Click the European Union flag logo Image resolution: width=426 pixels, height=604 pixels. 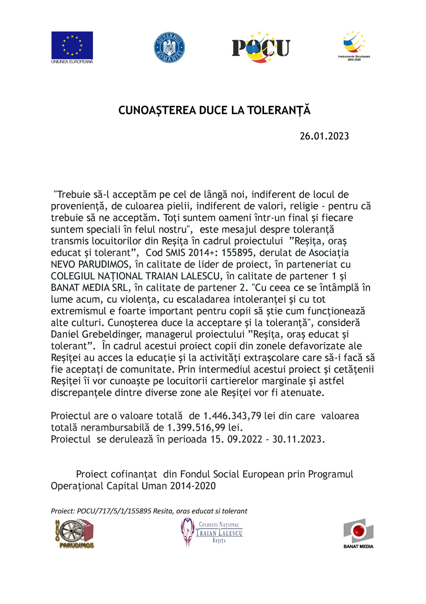[x=72, y=45]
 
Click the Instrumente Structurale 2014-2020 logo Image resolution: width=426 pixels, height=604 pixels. [x=354, y=45]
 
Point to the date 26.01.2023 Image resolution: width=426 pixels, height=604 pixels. [x=324, y=136]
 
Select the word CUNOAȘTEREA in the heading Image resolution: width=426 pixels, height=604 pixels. [x=157, y=110]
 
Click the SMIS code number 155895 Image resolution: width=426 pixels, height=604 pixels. [x=237, y=253]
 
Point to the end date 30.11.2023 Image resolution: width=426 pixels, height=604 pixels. [x=297, y=439]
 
